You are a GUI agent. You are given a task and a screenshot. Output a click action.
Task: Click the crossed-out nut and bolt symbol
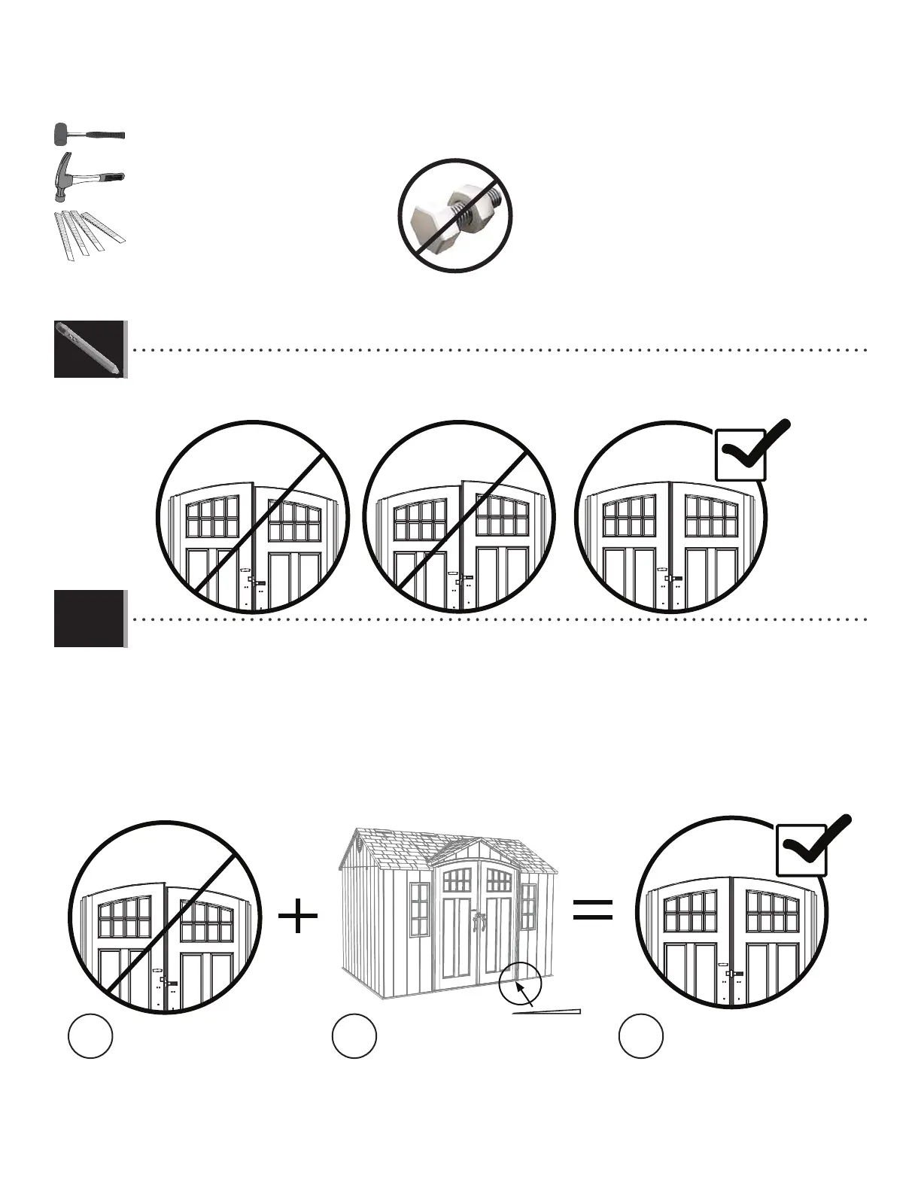[x=454, y=216]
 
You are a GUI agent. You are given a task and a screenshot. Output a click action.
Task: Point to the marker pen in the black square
[x=89, y=349]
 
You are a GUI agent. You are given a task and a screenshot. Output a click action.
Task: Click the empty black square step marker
[x=89, y=619]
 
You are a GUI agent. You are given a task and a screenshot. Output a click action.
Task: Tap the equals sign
[x=592, y=908]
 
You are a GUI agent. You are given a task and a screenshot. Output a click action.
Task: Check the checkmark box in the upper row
[x=741, y=454]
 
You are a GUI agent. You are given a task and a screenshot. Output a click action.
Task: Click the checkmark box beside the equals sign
[x=802, y=848]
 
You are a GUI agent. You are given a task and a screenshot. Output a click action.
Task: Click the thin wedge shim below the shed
[x=548, y=1011]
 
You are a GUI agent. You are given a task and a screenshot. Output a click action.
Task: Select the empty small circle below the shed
[x=354, y=1037]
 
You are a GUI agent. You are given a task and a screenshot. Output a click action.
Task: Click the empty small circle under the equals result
[x=641, y=1037]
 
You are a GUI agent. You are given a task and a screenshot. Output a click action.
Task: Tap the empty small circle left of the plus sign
[x=91, y=1037]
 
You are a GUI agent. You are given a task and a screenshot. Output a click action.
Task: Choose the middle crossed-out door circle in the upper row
[x=459, y=518]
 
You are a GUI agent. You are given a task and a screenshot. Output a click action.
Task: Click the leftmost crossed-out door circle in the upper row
[x=254, y=518]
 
